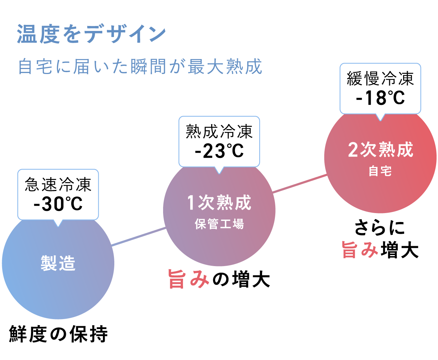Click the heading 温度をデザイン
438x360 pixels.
point(92,34)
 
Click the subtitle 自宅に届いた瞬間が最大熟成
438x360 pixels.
point(140,67)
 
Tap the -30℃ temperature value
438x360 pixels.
point(58,204)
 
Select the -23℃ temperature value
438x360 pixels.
point(219,151)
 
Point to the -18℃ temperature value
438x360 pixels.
point(380,98)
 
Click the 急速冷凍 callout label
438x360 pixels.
point(58,185)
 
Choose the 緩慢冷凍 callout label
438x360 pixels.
point(380,79)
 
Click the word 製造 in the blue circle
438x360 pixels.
point(58,264)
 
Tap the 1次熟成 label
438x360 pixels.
point(219,203)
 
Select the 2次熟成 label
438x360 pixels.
point(380,150)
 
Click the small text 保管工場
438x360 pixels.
point(219,224)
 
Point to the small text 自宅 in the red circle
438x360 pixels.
point(380,171)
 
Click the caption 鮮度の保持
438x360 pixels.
point(58,334)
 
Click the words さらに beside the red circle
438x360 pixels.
point(380,228)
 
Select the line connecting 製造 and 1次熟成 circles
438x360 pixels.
point(139,237)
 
